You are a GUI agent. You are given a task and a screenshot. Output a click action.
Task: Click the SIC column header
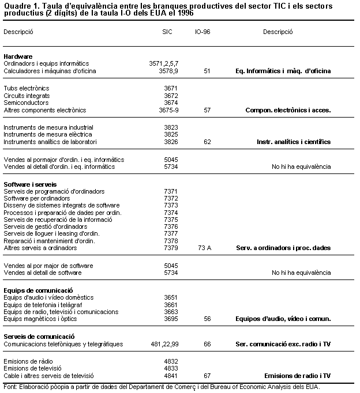pos(168,32)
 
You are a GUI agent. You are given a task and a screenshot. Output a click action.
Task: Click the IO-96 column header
pos(202,32)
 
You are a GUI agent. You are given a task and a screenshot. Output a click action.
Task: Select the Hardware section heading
pos(17,56)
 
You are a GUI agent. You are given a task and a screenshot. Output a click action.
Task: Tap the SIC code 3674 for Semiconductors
pos(171,103)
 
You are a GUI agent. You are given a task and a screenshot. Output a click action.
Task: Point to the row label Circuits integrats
pos(27,96)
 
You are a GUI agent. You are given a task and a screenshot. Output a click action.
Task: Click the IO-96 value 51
pos(207,71)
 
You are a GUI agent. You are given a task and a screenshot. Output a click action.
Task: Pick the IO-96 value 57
pos(207,110)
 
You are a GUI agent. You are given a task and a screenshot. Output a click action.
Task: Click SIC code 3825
pos(171,134)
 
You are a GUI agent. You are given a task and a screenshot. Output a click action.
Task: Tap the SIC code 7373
pos(171,205)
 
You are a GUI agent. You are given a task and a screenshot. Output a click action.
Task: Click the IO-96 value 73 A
pos(205,248)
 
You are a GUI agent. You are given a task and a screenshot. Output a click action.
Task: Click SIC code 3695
pos(171,319)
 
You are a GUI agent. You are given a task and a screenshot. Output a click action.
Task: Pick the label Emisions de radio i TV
pos(297,376)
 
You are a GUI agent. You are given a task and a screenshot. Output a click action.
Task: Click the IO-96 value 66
pos(207,344)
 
